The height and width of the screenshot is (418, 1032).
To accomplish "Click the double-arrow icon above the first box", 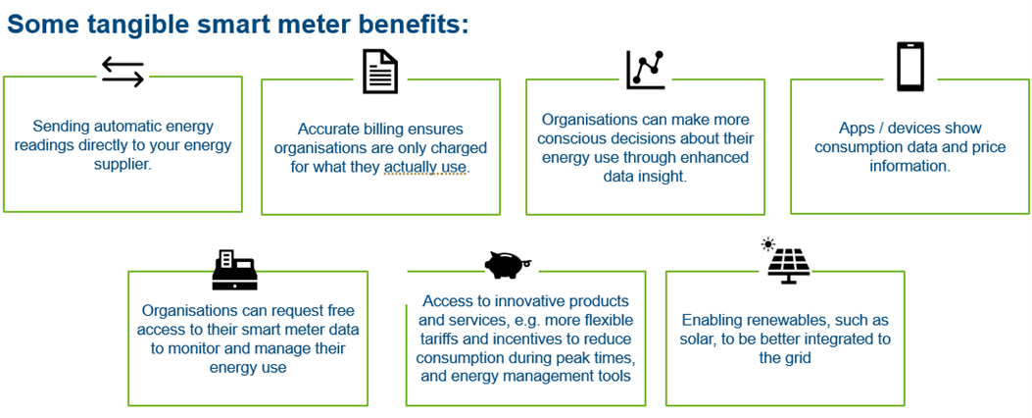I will point(123,72).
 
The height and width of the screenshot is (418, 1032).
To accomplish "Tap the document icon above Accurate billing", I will point(380,72).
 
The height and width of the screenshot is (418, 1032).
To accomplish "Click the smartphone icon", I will point(909,67).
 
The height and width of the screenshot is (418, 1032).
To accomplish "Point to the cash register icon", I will point(235,270).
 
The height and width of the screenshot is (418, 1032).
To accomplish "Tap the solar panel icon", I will point(788,266).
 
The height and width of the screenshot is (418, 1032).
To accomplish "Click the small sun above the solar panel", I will point(767,244).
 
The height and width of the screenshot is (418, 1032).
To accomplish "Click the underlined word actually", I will point(412,168).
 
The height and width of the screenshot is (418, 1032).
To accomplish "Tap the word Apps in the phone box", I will point(858,129).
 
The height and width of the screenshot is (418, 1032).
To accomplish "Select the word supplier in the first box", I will point(123,165).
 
